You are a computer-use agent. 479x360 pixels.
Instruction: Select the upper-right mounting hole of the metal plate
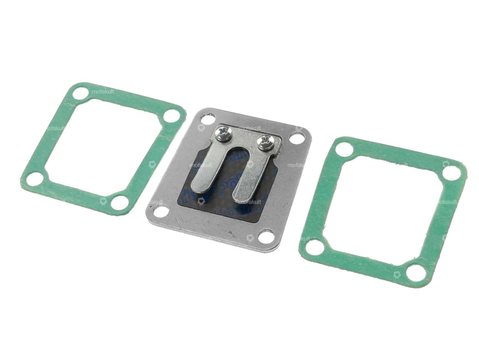tap(296, 138)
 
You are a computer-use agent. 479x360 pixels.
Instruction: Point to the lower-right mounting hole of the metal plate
tap(265, 236)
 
